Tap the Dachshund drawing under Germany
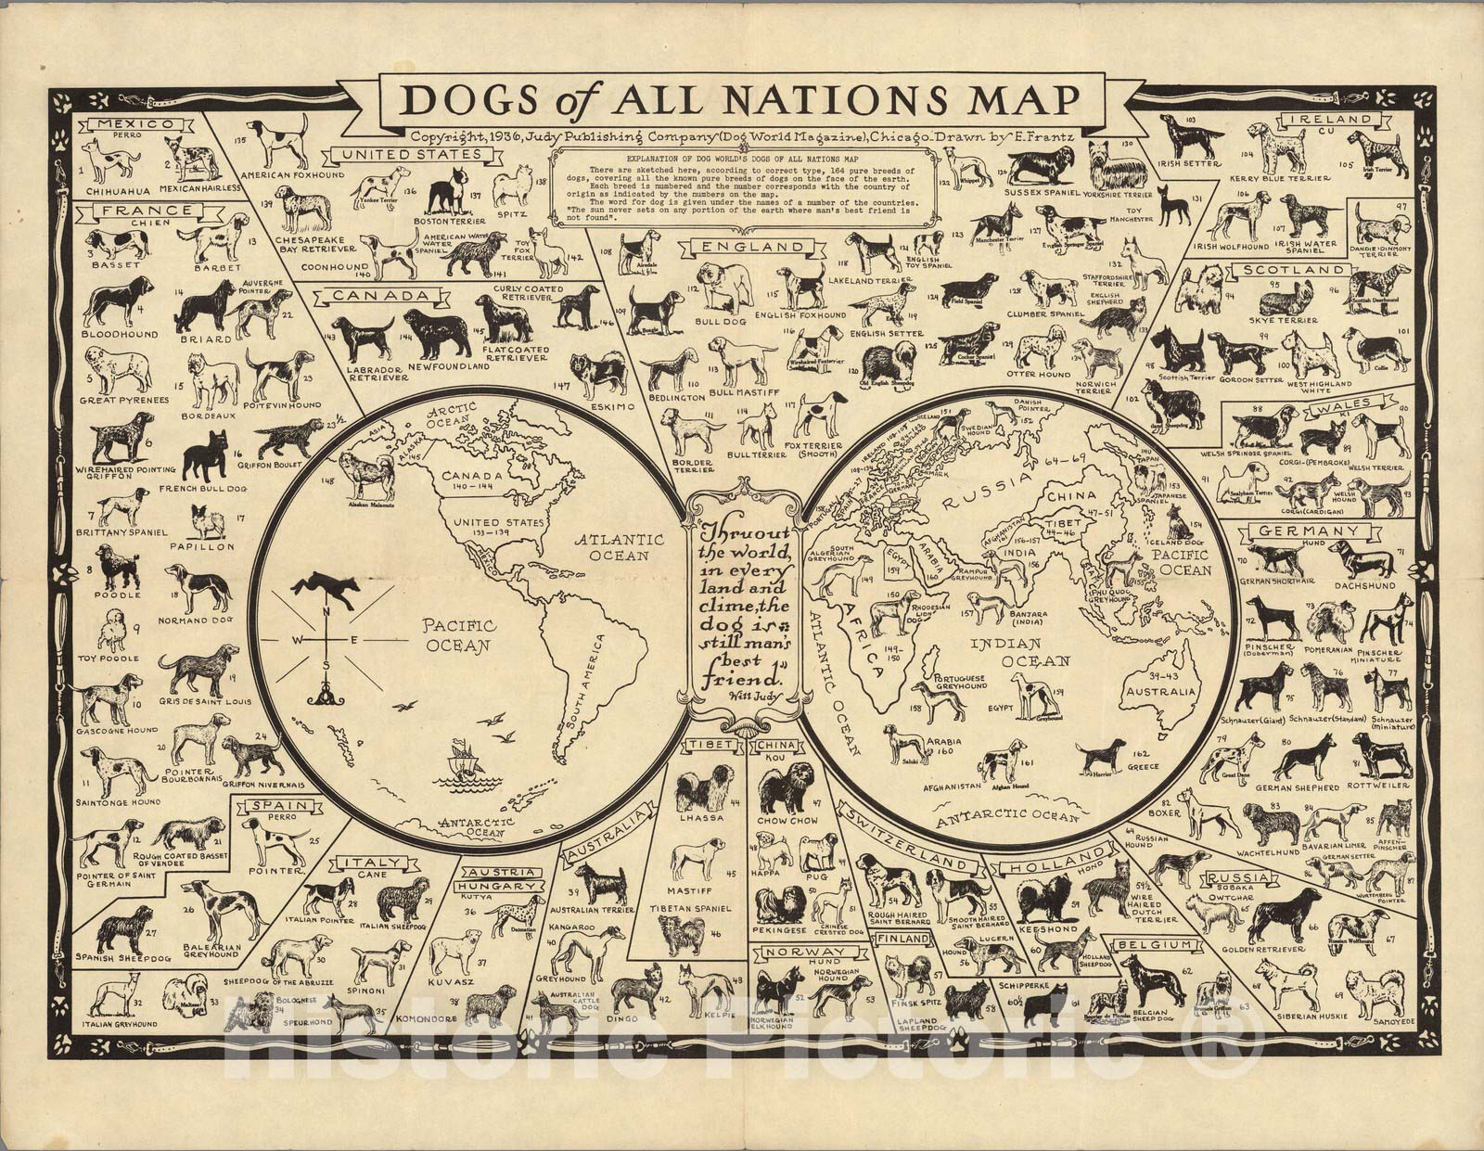pos(1362,560)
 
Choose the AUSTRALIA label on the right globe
pos(1158,693)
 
